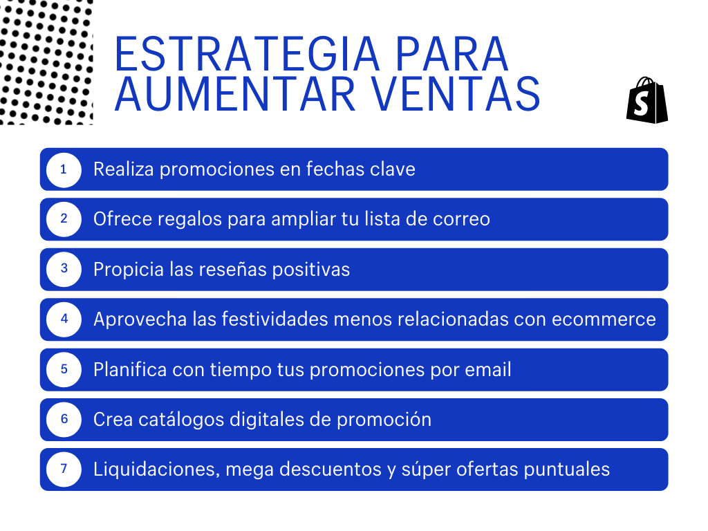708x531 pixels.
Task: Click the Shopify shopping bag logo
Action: click(647, 100)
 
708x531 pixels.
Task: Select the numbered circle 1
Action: click(64, 169)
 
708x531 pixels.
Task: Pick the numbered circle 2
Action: click(64, 219)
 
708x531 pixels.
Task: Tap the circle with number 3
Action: click(64, 269)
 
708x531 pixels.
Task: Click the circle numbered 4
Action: click(64, 319)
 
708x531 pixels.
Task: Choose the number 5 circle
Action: click(64, 369)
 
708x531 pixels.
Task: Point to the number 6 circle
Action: click(64, 419)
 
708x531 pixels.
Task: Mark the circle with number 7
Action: click(64, 469)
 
